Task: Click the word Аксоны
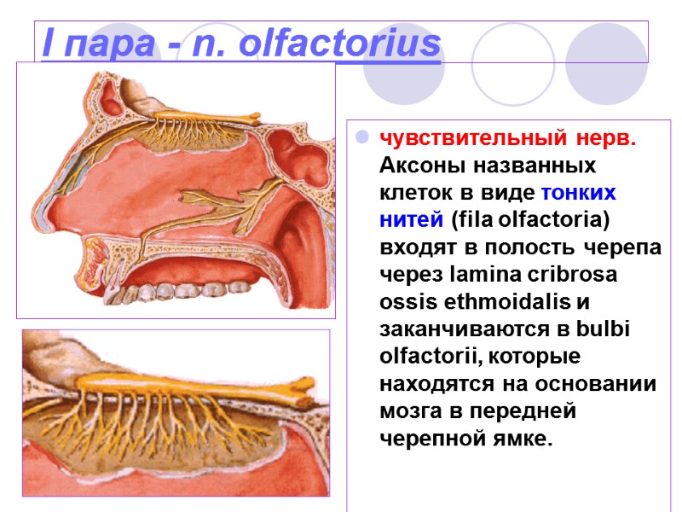tap(414, 165)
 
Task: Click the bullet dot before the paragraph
tap(361, 137)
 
